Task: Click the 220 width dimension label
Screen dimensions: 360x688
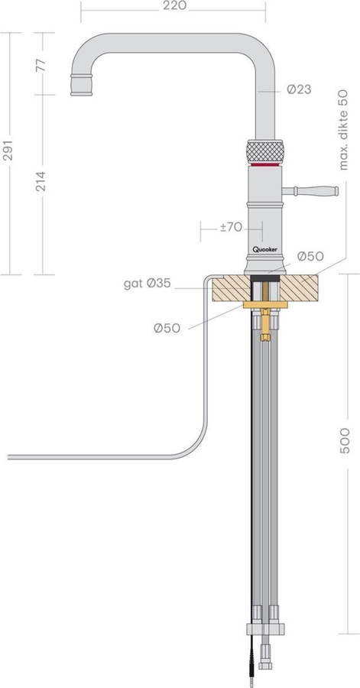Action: click(x=174, y=5)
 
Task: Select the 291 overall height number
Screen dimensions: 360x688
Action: click(x=8, y=151)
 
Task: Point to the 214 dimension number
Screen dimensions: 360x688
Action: click(x=41, y=181)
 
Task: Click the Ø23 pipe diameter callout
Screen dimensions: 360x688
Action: click(x=299, y=89)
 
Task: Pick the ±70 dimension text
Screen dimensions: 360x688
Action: click(x=231, y=227)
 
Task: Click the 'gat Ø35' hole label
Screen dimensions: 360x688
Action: click(x=147, y=284)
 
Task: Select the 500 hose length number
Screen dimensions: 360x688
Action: click(x=345, y=440)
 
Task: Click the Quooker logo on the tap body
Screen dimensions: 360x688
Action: click(x=265, y=249)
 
